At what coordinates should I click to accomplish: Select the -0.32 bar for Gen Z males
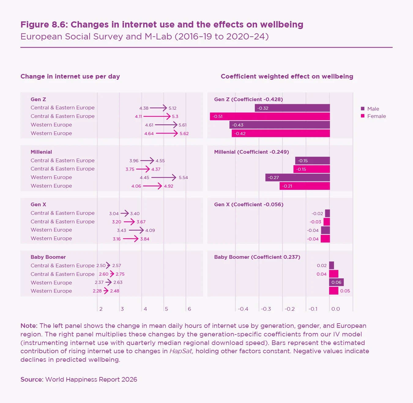[292, 108]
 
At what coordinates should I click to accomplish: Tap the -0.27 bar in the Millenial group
[297, 178]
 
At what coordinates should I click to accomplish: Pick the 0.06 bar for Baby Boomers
[336, 282]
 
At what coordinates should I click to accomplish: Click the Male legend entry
[373, 109]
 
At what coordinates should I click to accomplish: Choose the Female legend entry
[376, 116]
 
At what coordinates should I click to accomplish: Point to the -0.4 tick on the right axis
[243, 309]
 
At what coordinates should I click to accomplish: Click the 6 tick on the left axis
[189, 309]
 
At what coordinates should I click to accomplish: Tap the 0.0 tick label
[336, 309]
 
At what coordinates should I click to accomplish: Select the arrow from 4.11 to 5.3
[157, 116]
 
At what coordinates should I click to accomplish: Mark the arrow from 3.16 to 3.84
[131, 239]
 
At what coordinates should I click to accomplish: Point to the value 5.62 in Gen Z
[184, 134]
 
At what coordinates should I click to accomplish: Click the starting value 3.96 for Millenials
[134, 161]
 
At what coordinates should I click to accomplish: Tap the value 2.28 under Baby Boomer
[97, 291]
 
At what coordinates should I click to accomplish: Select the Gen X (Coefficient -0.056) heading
[249, 204]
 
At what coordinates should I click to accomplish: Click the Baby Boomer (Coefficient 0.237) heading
[257, 257]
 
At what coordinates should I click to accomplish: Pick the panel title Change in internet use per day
[70, 76]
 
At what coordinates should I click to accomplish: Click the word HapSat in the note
[181, 351]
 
